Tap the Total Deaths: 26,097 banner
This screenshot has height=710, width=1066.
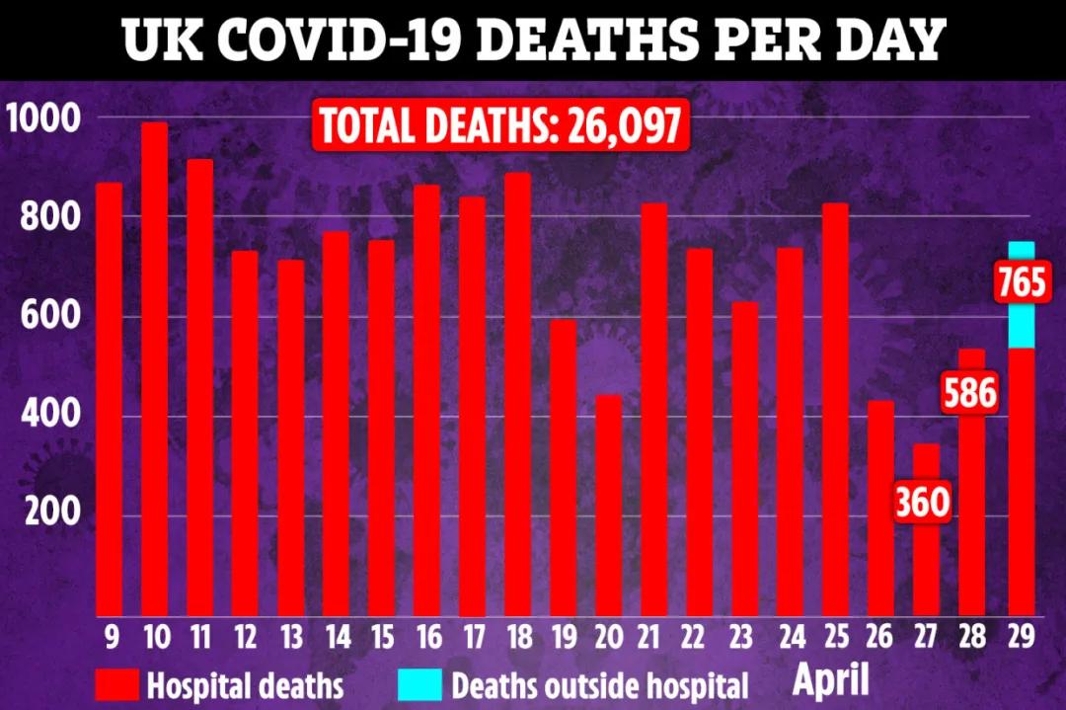(499, 127)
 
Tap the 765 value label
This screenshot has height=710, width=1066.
(1021, 284)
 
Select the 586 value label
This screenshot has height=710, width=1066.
(968, 395)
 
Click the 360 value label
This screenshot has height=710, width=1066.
(922, 503)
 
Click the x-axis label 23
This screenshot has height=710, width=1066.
(744, 637)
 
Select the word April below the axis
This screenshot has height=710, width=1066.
(833, 680)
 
